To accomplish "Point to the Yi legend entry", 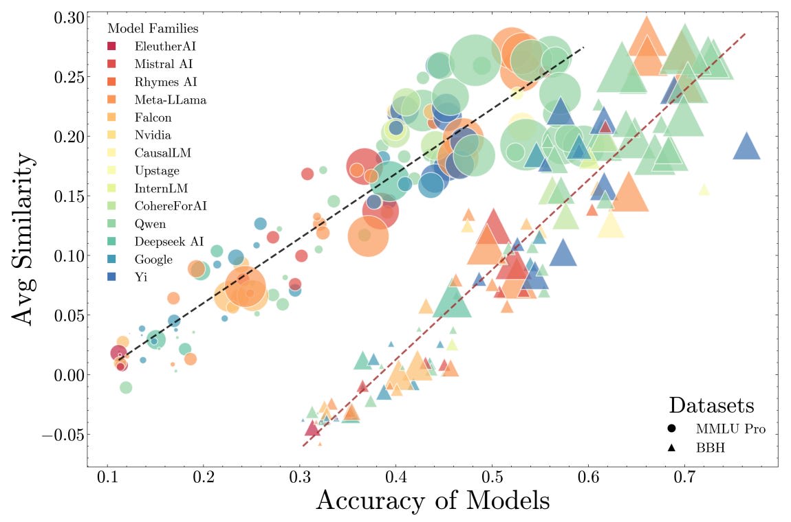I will pyautogui.click(x=140, y=277).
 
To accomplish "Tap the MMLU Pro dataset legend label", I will pyautogui.click(x=730, y=429).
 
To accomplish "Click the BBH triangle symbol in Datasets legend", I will pyautogui.click(x=671, y=446).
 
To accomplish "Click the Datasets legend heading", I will pyautogui.click(x=712, y=405).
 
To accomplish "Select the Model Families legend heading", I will pyautogui.click(x=153, y=29).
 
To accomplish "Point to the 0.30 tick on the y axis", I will pyautogui.click(x=65, y=17).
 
